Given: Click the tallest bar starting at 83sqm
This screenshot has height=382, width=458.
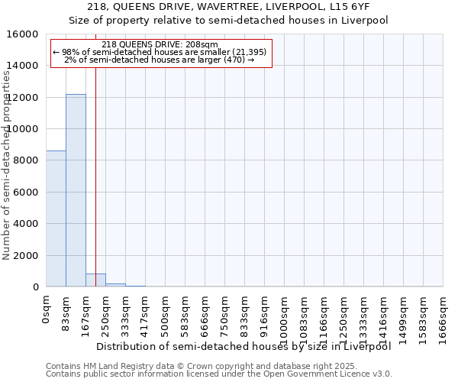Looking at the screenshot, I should (76, 190).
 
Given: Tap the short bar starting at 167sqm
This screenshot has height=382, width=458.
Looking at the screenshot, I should (95, 280).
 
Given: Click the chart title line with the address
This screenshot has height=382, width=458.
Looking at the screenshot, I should (229, 8).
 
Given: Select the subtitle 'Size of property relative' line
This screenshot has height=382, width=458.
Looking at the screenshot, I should (229, 21).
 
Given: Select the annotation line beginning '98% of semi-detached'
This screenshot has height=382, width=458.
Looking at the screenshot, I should (160, 52).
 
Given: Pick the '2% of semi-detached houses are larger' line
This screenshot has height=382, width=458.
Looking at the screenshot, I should (160, 60).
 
